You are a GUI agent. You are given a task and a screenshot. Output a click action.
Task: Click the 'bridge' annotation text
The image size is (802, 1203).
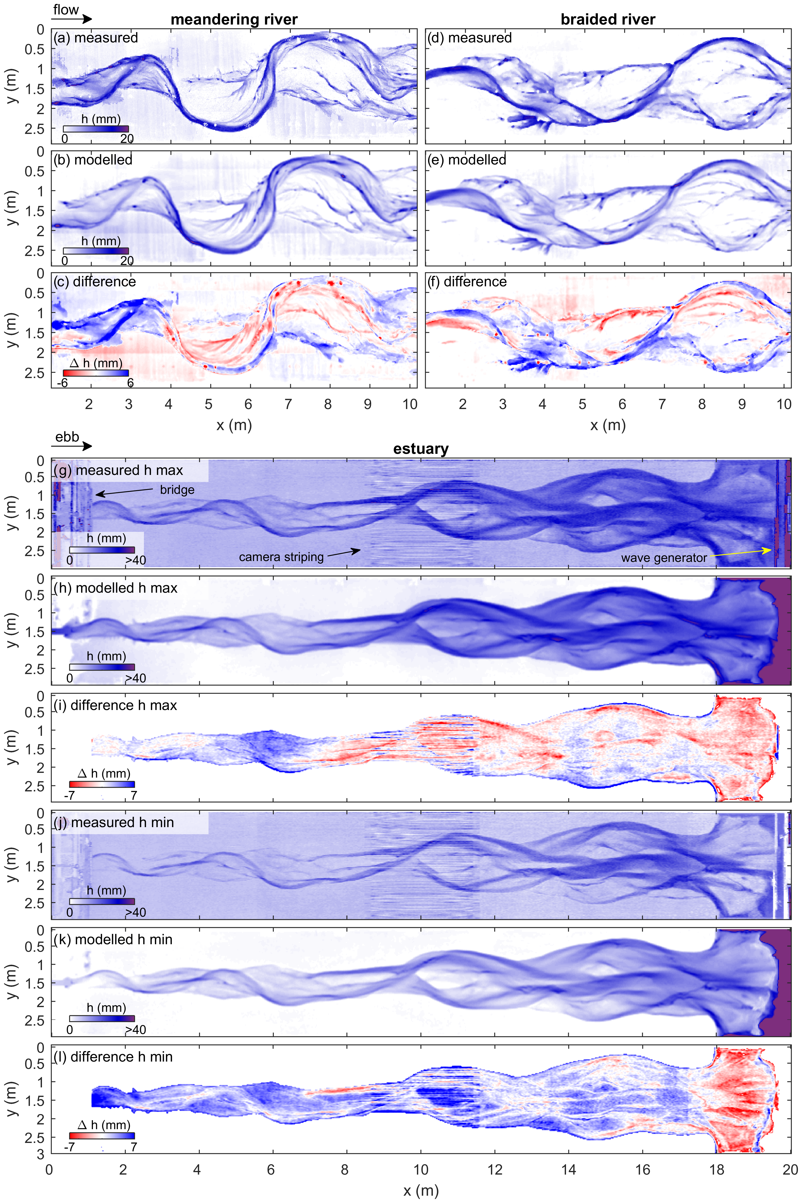point(177,490)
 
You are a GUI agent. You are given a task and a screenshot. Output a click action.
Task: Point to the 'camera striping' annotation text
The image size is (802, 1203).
point(281,557)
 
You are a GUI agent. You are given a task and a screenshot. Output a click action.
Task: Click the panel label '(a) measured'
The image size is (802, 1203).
point(96,38)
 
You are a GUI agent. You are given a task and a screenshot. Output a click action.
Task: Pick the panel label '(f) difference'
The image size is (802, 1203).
point(467,282)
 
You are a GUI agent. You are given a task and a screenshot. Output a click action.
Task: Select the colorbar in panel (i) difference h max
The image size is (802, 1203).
point(102,784)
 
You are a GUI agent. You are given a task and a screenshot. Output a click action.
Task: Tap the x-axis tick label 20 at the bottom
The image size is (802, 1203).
point(790,1169)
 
